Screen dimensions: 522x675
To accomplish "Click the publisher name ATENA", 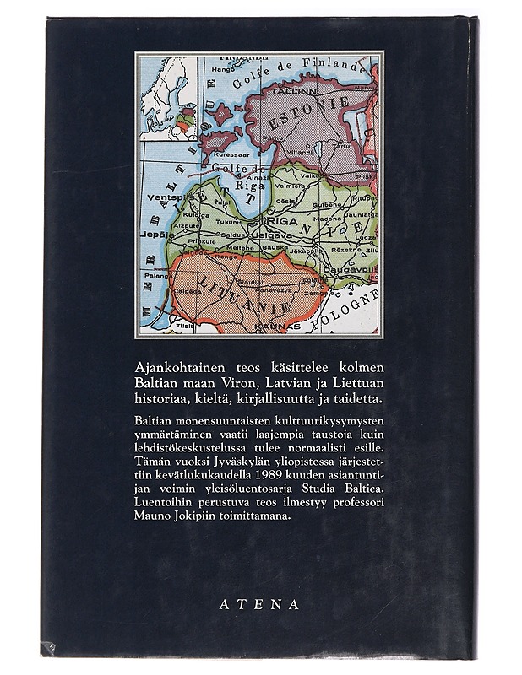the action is pyautogui.click(x=259, y=604).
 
